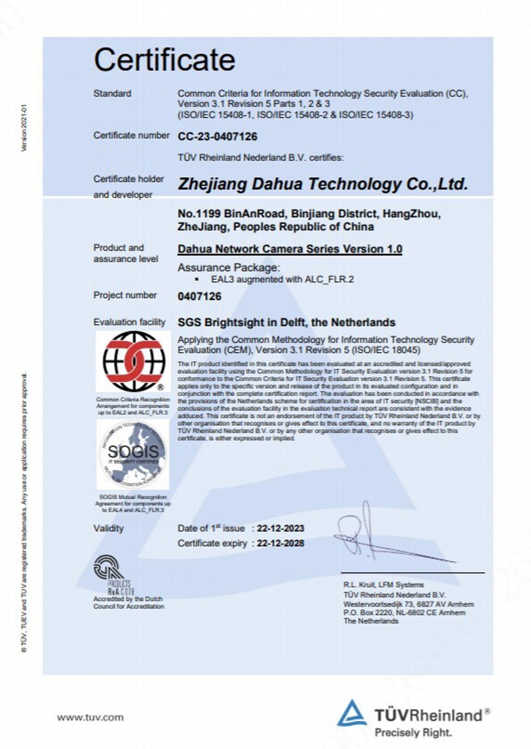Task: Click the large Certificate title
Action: click(164, 60)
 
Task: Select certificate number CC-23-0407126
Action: click(217, 136)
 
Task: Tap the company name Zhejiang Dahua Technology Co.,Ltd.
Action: click(323, 184)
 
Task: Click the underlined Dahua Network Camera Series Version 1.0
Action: click(290, 249)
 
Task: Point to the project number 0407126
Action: click(199, 296)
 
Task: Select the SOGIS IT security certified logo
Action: click(133, 454)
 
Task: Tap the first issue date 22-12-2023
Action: click(281, 528)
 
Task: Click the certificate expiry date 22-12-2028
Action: click(281, 543)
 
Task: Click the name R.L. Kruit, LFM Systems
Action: click(383, 585)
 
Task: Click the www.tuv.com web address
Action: click(90, 718)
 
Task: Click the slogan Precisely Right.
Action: click(413, 733)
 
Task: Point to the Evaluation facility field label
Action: click(129, 322)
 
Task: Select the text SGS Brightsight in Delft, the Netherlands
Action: click(286, 322)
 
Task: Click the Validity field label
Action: click(108, 528)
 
